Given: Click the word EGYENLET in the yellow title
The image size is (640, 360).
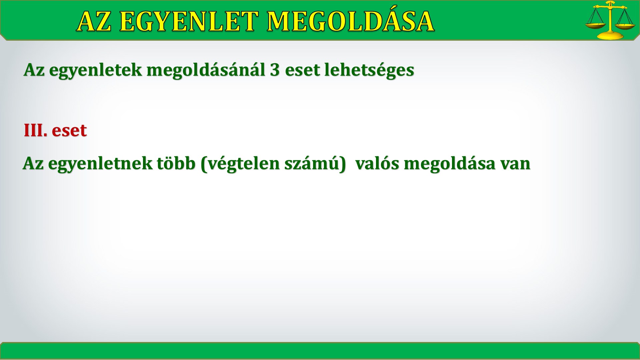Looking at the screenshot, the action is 189,22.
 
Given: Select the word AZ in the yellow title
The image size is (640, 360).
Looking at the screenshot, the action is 94,22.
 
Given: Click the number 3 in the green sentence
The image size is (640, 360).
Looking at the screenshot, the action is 275,70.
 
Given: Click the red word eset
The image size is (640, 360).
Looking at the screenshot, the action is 69,130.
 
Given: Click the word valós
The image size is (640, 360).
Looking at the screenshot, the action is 377,163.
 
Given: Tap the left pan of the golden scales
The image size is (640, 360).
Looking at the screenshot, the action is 595,25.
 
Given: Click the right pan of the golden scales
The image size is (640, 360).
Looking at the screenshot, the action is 625,26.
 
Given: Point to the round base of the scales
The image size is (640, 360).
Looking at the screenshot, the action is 610,35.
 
